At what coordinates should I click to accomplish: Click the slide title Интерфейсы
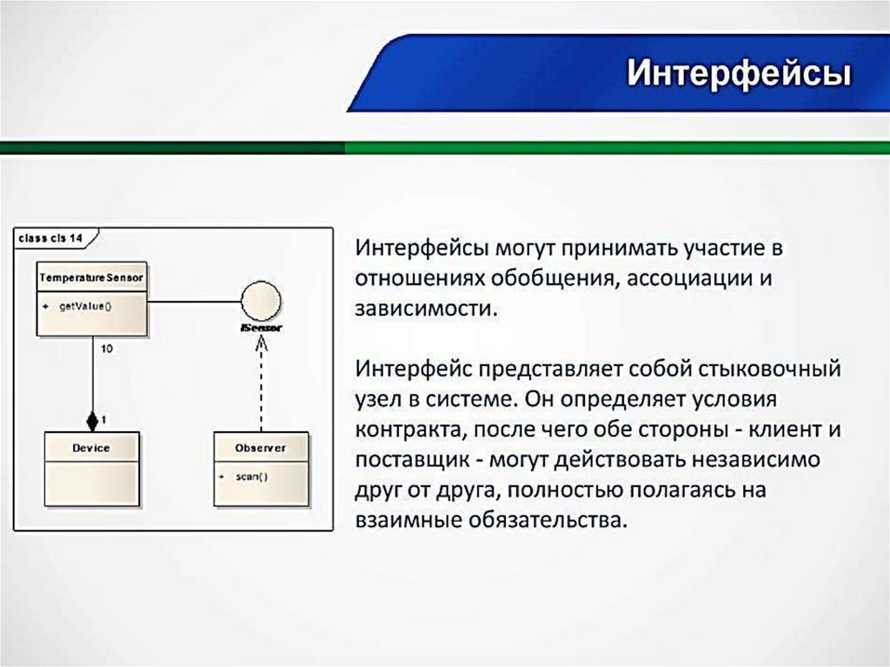(738, 73)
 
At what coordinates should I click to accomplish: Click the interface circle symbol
(261, 302)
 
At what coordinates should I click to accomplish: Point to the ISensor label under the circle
(261, 329)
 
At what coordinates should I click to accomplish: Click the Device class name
(91, 448)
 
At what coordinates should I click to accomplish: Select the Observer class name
(260, 448)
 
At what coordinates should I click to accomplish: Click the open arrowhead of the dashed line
(260, 344)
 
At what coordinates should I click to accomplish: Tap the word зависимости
(423, 308)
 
